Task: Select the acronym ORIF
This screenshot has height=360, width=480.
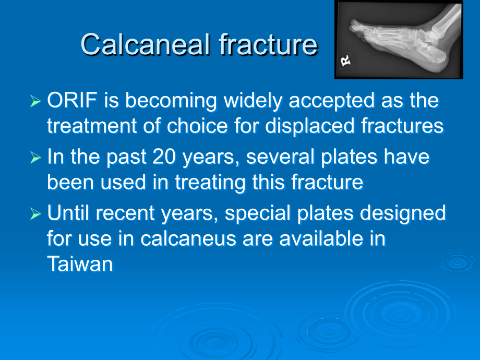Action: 73,100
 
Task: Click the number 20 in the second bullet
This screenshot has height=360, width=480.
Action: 164,157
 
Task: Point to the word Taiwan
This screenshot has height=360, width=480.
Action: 80,264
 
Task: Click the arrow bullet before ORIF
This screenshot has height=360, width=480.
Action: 35,101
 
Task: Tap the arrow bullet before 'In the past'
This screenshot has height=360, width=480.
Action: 35,158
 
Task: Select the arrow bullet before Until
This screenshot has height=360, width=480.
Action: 35,214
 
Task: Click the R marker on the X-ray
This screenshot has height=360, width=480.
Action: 345,61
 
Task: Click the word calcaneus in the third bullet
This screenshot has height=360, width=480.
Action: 188,239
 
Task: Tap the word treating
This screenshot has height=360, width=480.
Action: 210,183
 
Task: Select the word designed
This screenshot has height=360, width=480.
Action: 403,213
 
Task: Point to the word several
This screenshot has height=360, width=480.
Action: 280,157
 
